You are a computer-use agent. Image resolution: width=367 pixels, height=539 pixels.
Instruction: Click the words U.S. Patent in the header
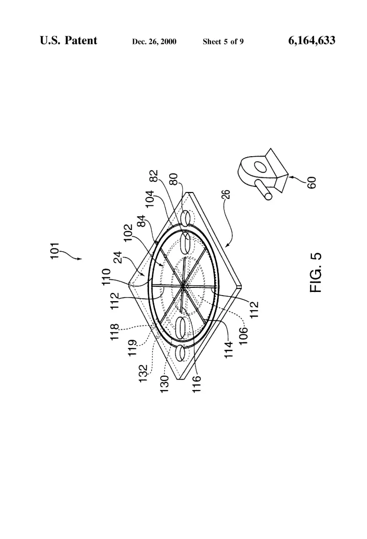pyautogui.click(x=68, y=40)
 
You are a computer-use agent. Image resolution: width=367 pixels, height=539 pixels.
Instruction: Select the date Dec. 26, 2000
pyautogui.click(x=154, y=42)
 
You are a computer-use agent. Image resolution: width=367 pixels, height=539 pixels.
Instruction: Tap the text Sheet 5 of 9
pyautogui.click(x=223, y=42)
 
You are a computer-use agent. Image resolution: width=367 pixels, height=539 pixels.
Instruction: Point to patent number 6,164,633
pyautogui.click(x=311, y=40)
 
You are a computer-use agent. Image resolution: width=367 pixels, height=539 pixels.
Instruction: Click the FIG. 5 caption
pyautogui.click(x=316, y=273)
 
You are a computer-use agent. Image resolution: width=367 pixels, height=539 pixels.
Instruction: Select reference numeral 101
pyautogui.click(x=55, y=251)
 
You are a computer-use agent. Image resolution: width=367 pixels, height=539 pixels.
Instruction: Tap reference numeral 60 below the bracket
pyautogui.click(x=311, y=182)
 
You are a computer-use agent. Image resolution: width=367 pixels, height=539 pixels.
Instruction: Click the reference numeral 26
pyautogui.click(x=226, y=194)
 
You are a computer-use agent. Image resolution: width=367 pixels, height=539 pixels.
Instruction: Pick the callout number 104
pyautogui.click(x=150, y=199)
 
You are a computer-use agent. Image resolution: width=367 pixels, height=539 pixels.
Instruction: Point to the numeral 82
pyautogui.click(x=155, y=176)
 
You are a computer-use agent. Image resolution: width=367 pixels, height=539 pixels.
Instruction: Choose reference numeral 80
pyautogui.click(x=174, y=179)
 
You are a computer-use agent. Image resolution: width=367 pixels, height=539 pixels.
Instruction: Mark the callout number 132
pyautogui.click(x=143, y=373)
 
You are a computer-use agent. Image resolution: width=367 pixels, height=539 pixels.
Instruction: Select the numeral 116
pyautogui.click(x=196, y=384)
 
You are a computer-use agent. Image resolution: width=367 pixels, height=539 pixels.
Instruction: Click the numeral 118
pyautogui.click(x=115, y=332)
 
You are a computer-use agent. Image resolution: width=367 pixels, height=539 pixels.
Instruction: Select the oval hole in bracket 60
pyautogui.click(x=261, y=168)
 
